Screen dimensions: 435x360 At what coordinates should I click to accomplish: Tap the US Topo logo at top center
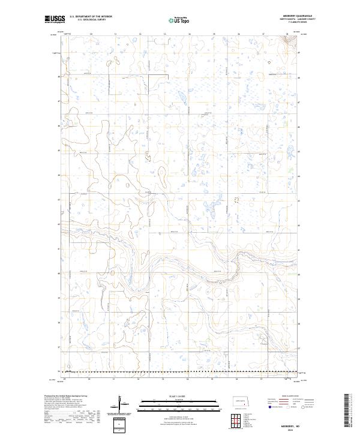click(x=173, y=20)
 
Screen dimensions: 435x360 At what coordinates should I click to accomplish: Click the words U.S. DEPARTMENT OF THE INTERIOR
click(x=91, y=17)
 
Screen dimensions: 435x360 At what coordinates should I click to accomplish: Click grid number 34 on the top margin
click(x=189, y=34)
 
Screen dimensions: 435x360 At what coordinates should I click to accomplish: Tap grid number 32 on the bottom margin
click(x=139, y=379)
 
